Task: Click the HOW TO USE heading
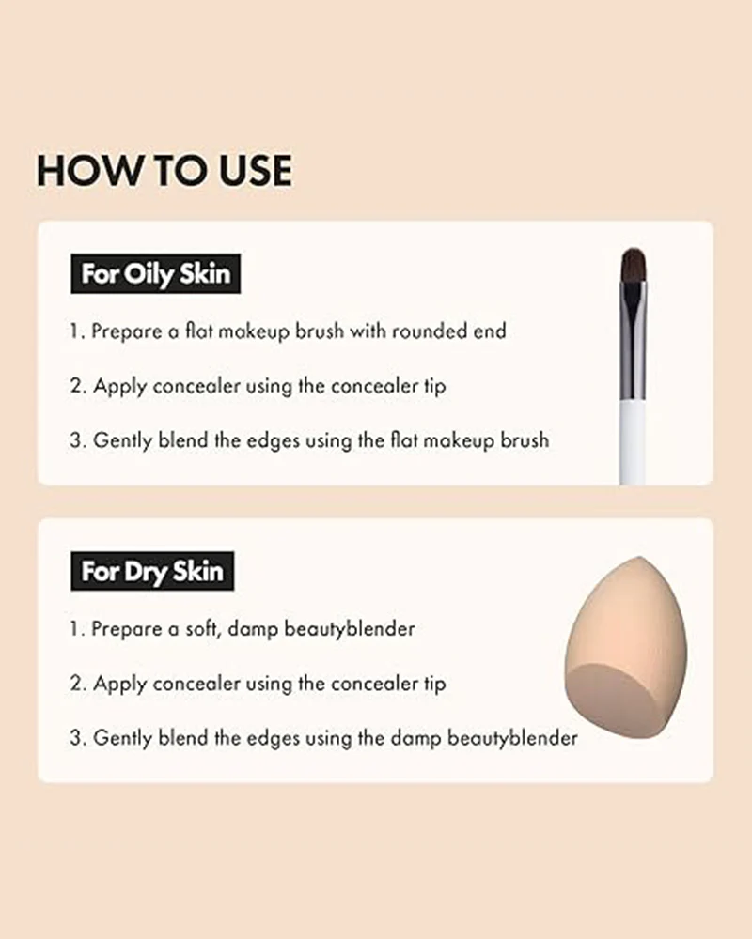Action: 164,170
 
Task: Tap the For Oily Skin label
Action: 156,273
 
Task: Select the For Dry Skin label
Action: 152,571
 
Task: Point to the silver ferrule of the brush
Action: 634,342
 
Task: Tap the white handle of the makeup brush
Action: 634,442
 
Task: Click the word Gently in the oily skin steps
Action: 122,440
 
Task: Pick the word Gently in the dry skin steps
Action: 122,738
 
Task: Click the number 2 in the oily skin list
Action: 77,386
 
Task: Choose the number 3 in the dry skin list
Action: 77,738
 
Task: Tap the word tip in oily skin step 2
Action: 435,386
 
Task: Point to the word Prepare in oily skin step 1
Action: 127,331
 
